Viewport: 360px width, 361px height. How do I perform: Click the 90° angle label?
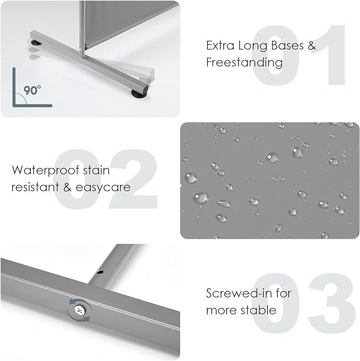(x=32, y=90)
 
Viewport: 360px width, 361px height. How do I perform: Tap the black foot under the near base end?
(x=139, y=93)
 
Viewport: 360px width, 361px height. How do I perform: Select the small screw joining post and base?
(x=81, y=49)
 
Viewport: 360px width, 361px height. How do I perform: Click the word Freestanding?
(x=244, y=63)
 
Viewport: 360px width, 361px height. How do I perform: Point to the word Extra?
(x=220, y=46)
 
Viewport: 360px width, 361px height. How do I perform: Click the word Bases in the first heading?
(x=287, y=46)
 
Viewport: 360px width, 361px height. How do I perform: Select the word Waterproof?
(x=46, y=171)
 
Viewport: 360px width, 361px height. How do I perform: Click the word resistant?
(x=35, y=187)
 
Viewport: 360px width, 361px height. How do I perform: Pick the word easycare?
(x=103, y=188)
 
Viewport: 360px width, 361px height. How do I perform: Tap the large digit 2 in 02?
(x=134, y=179)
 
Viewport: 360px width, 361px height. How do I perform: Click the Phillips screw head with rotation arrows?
(x=80, y=310)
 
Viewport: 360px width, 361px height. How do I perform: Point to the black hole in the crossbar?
(x=100, y=272)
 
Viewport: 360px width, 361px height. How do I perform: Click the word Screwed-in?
(x=239, y=293)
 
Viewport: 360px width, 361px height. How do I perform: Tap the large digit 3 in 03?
(x=332, y=303)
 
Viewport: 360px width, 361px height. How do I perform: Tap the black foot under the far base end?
(x=35, y=42)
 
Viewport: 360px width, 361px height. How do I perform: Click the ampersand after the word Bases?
(x=312, y=46)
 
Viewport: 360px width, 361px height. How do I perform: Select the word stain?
(x=96, y=170)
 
